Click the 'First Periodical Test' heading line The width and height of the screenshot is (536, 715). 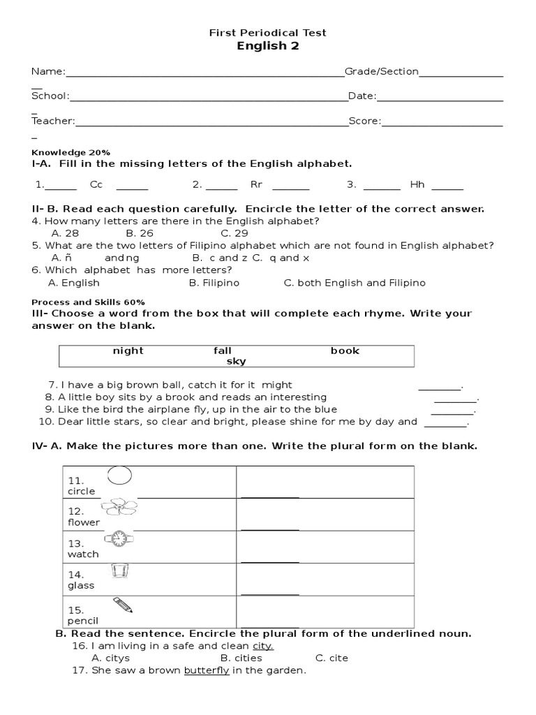pyautogui.click(x=268, y=33)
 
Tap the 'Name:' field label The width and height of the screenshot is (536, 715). pyautogui.click(x=48, y=71)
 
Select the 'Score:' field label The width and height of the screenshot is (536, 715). pyautogui.click(x=364, y=121)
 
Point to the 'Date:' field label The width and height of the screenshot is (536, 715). pyautogui.click(x=362, y=96)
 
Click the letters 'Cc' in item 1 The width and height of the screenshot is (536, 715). pyautogui.click(x=96, y=185)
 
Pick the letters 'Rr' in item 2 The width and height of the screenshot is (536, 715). pyautogui.click(x=255, y=185)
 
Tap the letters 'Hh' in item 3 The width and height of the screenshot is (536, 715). pyautogui.click(x=417, y=185)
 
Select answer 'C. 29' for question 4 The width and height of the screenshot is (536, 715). pyautogui.click(x=234, y=233)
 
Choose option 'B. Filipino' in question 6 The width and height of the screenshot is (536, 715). pyautogui.click(x=214, y=283)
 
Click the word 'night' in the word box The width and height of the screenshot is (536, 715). pyautogui.click(x=128, y=351)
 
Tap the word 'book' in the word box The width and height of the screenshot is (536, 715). pyautogui.click(x=345, y=351)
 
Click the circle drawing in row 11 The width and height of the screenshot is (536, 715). pyautogui.click(x=119, y=476)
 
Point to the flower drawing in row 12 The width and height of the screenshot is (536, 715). pyautogui.click(x=119, y=508)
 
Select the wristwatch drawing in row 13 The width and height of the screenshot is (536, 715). pyautogui.click(x=119, y=538)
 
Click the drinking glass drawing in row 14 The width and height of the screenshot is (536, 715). pyautogui.click(x=121, y=571)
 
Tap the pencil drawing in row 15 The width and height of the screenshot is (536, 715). pyautogui.click(x=121, y=604)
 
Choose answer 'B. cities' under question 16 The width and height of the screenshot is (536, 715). pyautogui.click(x=241, y=658)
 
